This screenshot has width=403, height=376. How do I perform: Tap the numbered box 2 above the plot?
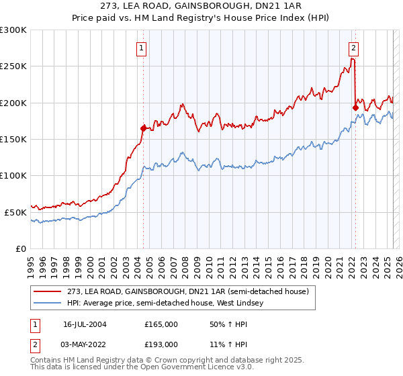tap(353, 48)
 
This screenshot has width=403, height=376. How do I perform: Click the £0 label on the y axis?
tap(20, 248)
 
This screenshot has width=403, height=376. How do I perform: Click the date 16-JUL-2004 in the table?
tap(86, 324)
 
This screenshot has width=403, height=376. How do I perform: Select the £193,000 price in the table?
tap(161, 344)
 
